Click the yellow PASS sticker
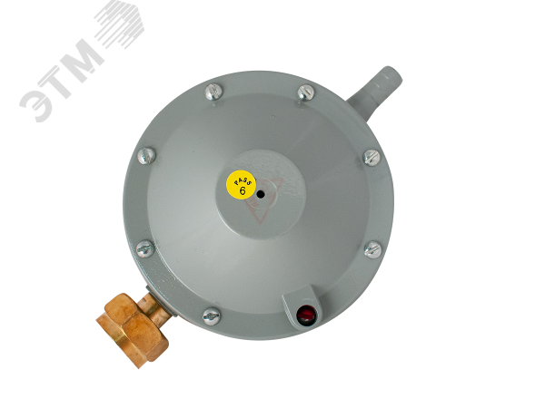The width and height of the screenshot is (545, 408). (241, 185)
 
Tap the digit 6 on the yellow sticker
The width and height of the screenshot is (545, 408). (243, 190)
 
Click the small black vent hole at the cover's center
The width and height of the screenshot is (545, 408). (261, 195)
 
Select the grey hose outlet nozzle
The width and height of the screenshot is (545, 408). (375, 92)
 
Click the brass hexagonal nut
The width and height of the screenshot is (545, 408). (133, 330)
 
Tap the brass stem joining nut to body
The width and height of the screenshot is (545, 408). (155, 306)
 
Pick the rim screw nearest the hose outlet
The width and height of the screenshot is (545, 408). (307, 92)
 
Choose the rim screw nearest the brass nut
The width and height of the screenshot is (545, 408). (212, 316)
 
